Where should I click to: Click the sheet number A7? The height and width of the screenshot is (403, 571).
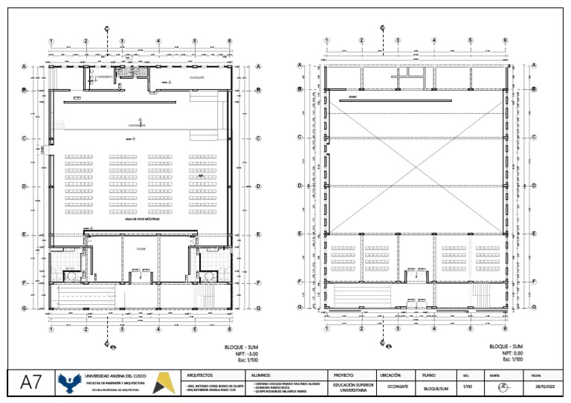(x=30, y=384)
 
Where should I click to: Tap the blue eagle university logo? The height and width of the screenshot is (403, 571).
(x=70, y=384)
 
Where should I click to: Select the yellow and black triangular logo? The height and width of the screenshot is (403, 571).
(x=164, y=384)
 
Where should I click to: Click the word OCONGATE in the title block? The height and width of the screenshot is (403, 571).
(x=398, y=387)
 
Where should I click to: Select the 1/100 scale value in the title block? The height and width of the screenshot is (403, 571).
(x=467, y=387)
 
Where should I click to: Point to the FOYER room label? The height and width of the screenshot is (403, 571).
(x=141, y=250)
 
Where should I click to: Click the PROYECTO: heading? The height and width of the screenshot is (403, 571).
(x=344, y=375)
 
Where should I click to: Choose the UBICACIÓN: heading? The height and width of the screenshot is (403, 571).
(x=391, y=375)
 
